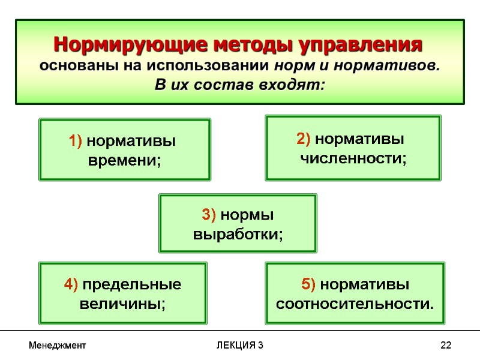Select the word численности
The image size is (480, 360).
tap(353, 158)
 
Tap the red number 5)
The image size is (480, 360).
tap(310, 283)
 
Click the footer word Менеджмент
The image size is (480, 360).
tap(58, 346)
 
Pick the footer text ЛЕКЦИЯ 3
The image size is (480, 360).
tap(240, 346)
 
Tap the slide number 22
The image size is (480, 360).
tap(445, 346)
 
